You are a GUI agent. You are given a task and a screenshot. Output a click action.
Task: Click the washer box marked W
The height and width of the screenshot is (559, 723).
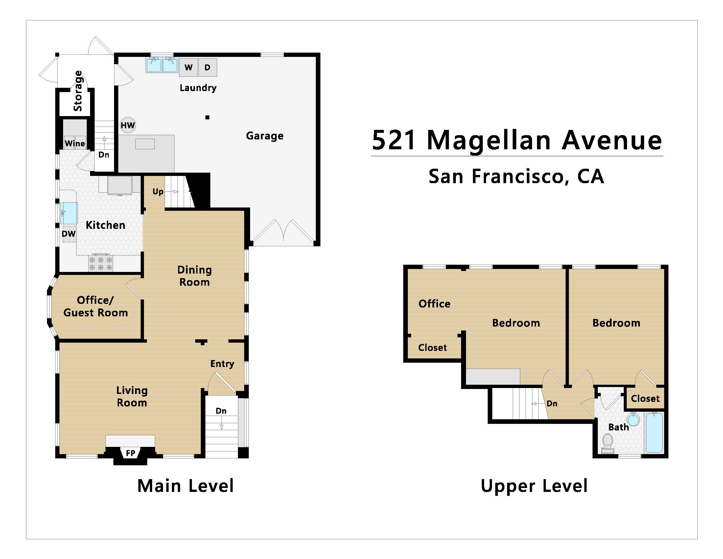coord(188,67)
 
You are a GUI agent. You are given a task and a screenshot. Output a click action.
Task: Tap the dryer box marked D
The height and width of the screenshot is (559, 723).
coord(208,67)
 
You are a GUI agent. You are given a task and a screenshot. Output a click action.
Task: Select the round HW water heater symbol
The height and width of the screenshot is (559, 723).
coord(128,125)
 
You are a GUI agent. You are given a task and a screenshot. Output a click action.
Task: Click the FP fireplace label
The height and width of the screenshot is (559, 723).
coord(130,453)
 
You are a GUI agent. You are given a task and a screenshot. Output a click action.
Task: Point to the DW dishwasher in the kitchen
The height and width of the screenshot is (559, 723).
coord(69,234)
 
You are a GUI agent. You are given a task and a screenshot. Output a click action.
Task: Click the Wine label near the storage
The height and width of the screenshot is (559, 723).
coord(75,143)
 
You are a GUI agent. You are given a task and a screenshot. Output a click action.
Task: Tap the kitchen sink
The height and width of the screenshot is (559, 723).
coord(69,213)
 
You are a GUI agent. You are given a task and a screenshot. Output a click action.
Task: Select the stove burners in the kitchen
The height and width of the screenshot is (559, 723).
coord(101,264)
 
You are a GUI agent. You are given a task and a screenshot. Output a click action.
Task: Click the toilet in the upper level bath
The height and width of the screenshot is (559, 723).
coord(607,444)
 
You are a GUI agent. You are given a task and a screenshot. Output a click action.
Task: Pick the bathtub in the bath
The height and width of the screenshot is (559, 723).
coord(654,432)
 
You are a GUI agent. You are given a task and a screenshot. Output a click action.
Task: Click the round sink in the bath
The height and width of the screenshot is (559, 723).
coord(633,419)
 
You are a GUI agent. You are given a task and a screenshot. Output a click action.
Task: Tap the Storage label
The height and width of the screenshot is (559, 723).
coord(78,91)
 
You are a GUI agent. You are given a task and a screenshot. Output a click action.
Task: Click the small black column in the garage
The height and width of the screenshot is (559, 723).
coord(207,117)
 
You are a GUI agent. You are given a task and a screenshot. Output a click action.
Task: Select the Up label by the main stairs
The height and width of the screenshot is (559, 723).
coord(158,192)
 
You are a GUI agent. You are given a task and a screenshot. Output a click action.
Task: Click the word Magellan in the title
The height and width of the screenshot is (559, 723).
coord(489,140)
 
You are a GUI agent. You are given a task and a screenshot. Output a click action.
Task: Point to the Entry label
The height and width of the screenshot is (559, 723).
coord(222,364)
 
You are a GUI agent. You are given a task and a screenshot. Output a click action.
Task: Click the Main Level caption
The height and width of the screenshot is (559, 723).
coord(185,486)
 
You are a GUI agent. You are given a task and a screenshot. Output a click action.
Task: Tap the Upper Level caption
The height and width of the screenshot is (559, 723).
coord(534,486)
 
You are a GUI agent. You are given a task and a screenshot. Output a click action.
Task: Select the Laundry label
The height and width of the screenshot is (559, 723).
coord(198,88)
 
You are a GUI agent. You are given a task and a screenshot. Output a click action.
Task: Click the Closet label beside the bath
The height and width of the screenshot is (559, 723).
coord(645,399)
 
